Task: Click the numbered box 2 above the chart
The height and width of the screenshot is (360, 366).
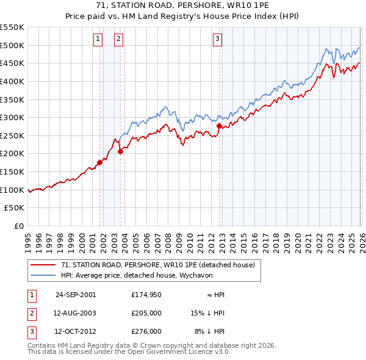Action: point(118,40)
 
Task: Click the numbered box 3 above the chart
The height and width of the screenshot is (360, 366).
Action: point(218,40)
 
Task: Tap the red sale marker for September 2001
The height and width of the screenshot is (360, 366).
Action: point(100,162)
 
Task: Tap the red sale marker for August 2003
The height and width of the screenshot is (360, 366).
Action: point(120,152)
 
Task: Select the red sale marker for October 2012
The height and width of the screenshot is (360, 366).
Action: point(219,126)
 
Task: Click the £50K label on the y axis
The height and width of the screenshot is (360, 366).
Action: point(15,208)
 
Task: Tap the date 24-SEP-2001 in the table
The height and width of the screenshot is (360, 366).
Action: point(76,295)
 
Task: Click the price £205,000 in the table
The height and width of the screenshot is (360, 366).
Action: point(146,313)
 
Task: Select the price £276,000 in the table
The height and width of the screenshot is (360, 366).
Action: point(146,332)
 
